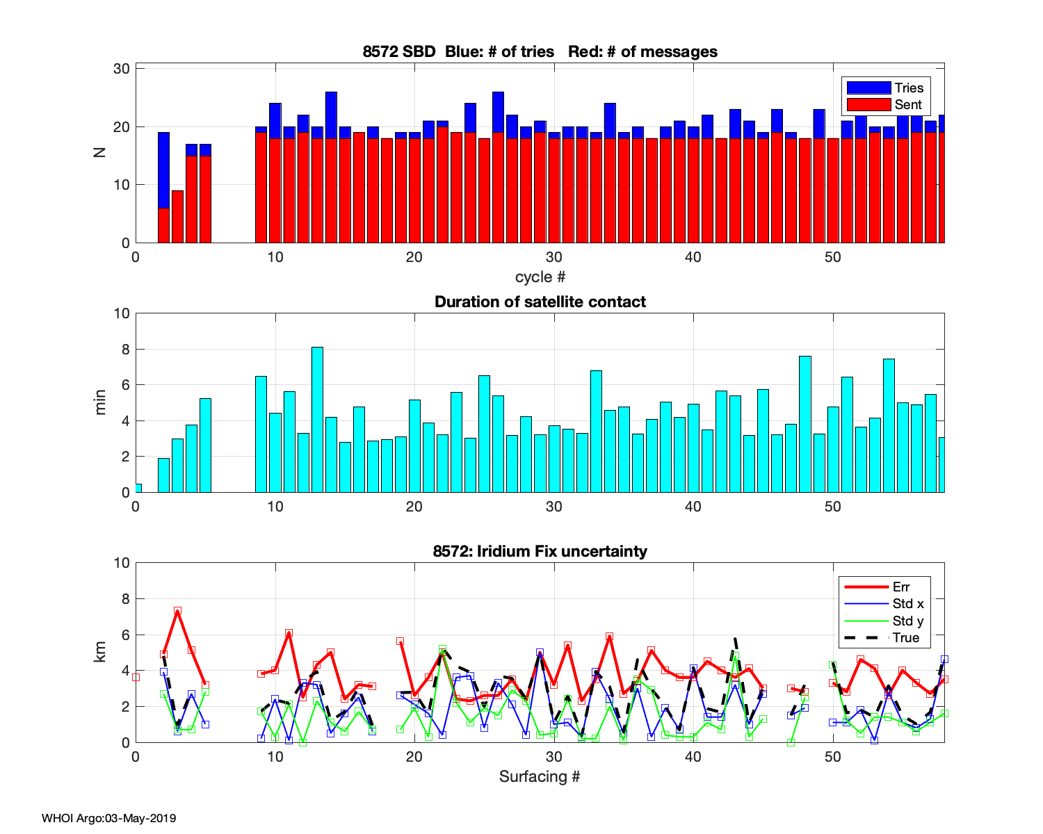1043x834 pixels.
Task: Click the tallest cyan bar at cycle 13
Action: point(317,419)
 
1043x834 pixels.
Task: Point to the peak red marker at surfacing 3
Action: point(177,611)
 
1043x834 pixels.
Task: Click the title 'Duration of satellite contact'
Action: point(540,302)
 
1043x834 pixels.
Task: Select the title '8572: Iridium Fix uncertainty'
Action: point(540,551)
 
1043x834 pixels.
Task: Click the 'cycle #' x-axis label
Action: point(540,277)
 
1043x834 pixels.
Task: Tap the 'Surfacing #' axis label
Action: point(540,776)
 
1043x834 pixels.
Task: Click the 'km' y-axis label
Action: point(100,652)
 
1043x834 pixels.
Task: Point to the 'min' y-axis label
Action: point(100,402)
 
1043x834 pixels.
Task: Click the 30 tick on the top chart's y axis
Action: point(122,68)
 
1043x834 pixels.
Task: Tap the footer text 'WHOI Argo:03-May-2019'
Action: point(108,818)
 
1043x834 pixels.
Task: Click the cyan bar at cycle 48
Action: point(805,424)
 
